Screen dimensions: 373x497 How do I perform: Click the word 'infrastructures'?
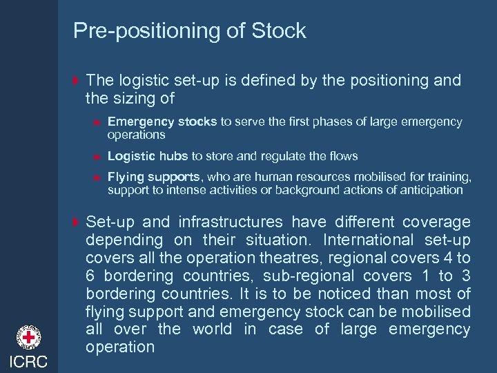(x=230, y=222)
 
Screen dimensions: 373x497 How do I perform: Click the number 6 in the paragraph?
(x=90, y=276)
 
